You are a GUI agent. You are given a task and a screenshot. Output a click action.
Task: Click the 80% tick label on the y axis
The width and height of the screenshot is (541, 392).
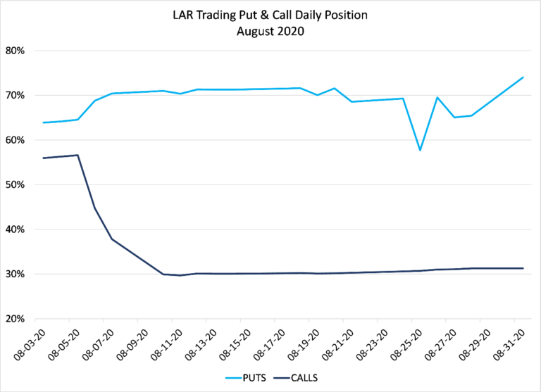tap(15, 51)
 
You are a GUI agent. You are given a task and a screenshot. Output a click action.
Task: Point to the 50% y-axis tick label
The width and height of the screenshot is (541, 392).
tap(15, 184)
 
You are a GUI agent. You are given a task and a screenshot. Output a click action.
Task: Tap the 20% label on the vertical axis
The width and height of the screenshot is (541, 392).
tap(15, 318)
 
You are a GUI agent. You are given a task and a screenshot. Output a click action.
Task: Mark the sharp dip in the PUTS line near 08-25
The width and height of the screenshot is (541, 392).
tap(421, 150)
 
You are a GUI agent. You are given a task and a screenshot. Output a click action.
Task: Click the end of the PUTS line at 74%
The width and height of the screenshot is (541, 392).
tap(523, 77)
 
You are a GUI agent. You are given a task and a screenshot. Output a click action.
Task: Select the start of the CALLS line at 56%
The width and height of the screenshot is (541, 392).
tap(44, 158)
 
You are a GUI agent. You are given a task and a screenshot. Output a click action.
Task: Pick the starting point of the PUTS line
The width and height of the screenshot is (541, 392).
tap(44, 122)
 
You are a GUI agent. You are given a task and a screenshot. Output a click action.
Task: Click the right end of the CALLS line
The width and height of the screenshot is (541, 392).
tap(523, 268)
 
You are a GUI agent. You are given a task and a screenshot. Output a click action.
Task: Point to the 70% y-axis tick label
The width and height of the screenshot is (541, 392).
tap(15, 95)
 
